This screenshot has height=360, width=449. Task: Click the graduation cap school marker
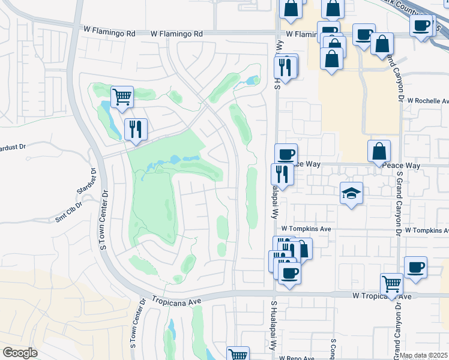click(351, 193)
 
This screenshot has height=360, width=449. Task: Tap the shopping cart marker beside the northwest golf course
click(122, 97)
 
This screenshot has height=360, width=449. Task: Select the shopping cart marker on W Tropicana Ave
click(391, 284)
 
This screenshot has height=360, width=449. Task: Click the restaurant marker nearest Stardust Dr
click(136, 129)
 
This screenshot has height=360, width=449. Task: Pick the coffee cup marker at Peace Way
click(286, 154)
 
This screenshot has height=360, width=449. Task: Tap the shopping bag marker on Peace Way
click(379, 151)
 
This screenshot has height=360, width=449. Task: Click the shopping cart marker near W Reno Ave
click(238, 354)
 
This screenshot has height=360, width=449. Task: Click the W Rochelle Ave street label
click(428, 101)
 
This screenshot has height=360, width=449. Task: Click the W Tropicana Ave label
click(382, 296)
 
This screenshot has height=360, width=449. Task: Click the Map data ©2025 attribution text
click(424, 356)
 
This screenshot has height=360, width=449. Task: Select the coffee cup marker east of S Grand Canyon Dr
click(415, 267)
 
